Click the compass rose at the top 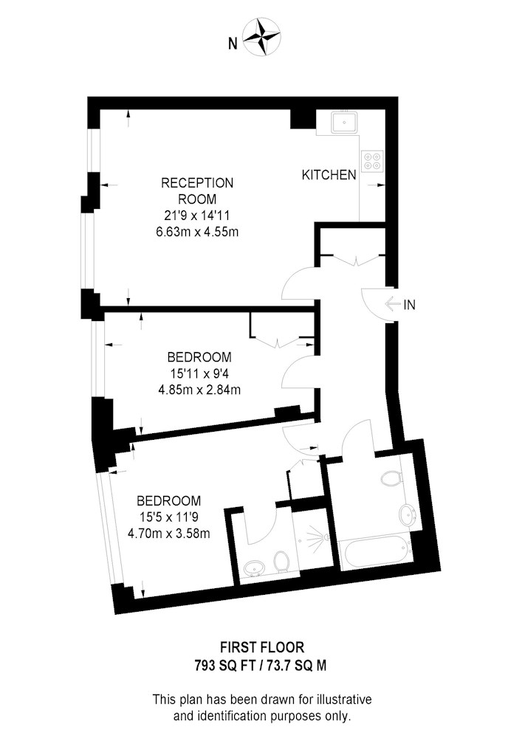(261, 37)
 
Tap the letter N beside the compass (233, 44)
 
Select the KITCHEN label (329, 175)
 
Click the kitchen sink (345, 123)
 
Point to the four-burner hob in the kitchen (372, 161)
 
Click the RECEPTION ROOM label (197, 190)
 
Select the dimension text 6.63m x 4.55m (197, 232)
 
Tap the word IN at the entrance (410, 305)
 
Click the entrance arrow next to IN (392, 305)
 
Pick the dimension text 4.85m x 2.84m (199, 390)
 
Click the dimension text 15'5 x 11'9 (169, 517)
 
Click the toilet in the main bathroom (391, 479)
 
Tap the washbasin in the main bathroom (406, 515)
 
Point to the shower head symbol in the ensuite (316, 537)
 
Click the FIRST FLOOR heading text (263, 648)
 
